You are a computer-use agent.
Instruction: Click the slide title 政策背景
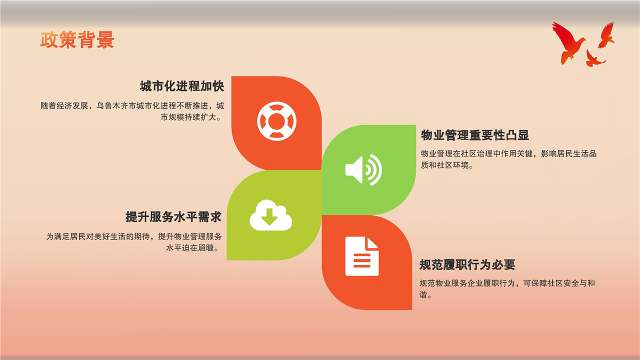(77, 39)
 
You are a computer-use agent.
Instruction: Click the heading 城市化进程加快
(181, 86)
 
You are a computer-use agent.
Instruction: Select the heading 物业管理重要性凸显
(475, 135)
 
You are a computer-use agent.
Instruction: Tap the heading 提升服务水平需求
(173, 217)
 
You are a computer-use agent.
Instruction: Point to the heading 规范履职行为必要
(467, 265)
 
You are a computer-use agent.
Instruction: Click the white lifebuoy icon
(276, 121)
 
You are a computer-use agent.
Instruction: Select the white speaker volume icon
(363, 170)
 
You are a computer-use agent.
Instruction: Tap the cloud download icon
(271, 215)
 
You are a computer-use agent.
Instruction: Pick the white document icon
(362, 256)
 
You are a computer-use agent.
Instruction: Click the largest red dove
(568, 43)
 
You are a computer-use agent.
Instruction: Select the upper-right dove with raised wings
(606, 35)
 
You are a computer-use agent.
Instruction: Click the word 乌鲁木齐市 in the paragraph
(116, 105)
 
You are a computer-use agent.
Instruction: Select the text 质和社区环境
(444, 165)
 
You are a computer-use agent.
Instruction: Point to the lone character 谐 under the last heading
(423, 294)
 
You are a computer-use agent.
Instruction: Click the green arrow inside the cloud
(269, 216)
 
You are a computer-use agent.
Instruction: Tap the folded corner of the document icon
(372, 243)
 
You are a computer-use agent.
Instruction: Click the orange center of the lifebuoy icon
(276, 121)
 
